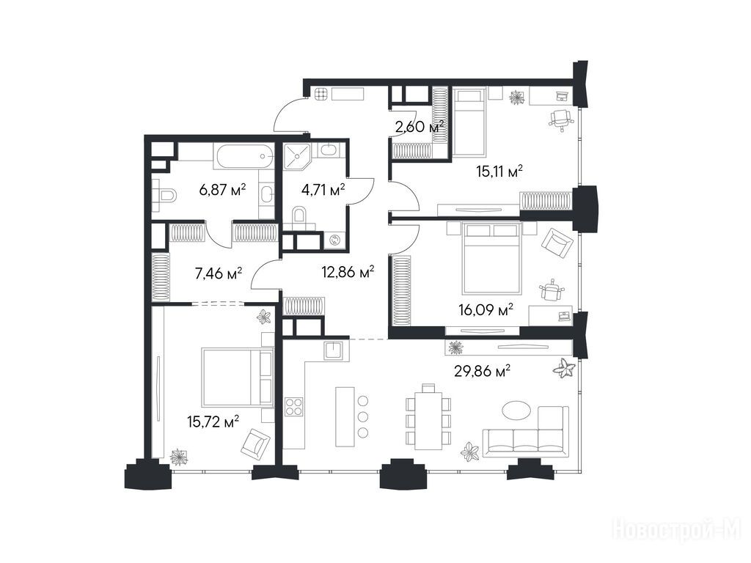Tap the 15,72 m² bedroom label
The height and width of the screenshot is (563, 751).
(x=213, y=422)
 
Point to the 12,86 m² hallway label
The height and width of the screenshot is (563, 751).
(x=348, y=273)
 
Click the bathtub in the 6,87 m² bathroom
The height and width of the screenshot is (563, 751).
(x=244, y=155)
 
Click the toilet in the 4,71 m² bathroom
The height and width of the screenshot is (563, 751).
(x=300, y=217)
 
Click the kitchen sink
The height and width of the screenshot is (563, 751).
(x=334, y=350)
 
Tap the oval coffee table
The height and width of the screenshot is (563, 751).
(x=516, y=411)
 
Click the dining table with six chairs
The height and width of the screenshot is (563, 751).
(x=428, y=416)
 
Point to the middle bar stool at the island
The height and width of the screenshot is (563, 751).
(x=363, y=416)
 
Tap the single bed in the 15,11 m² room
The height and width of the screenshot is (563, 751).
(x=469, y=122)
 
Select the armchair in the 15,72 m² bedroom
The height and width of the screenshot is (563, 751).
(x=255, y=443)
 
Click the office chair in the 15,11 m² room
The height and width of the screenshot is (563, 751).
(x=560, y=118)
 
